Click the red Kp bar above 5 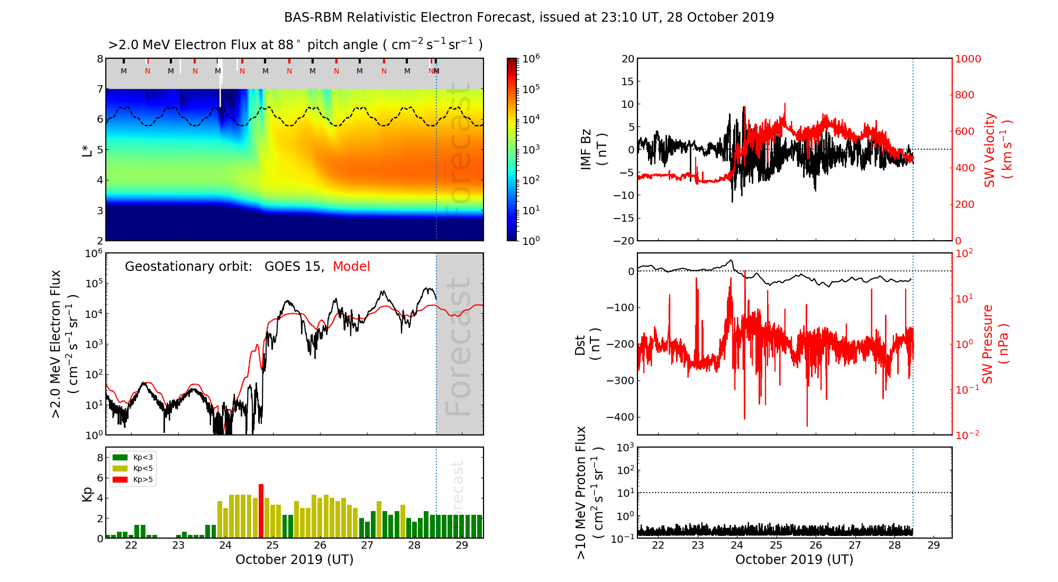point(261,511)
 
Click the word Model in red point(351,267)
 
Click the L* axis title point(87,150)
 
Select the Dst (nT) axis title point(587,344)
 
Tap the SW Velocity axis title point(997,150)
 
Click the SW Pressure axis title point(995,344)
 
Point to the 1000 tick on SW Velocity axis point(968,59)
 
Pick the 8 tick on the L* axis point(100,59)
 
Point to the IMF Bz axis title point(594,150)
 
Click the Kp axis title point(87,494)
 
